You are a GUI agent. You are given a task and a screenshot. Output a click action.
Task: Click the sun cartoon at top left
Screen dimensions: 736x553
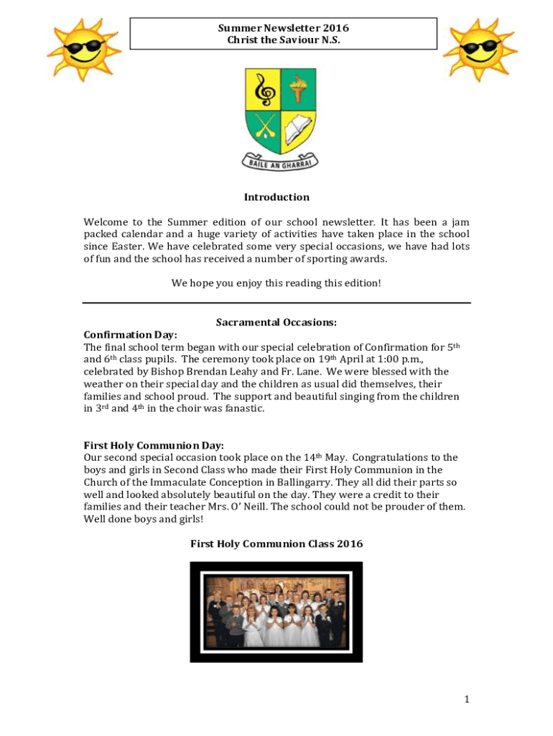[78, 51]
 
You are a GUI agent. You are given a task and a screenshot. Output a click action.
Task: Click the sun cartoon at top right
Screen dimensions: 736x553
[478, 49]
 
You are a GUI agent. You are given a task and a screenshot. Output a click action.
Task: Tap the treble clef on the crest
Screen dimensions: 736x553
[263, 91]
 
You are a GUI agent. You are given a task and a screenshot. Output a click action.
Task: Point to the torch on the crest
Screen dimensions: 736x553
[297, 90]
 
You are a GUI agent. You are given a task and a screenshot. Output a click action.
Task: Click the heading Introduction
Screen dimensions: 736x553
[276, 197]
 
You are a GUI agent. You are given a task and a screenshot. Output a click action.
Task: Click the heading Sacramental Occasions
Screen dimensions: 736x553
[276, 323]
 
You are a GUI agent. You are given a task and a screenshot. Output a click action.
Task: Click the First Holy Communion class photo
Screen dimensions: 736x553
[276, 612]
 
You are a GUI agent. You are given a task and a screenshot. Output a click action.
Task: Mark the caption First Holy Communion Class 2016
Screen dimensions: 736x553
[276, 544]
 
